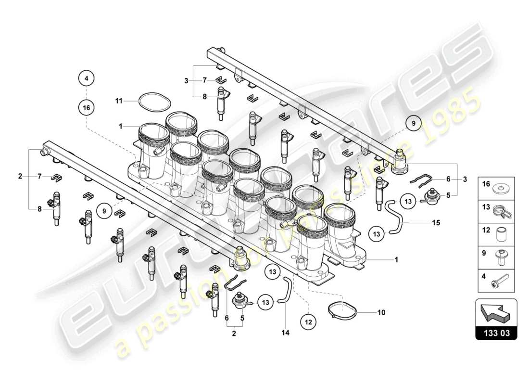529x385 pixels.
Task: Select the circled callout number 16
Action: (x=86, y=107)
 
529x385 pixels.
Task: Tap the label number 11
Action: (x=119, y=101)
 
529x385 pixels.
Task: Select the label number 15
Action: (x=436, y=223)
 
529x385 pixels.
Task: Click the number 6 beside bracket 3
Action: (x=448, y=179)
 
